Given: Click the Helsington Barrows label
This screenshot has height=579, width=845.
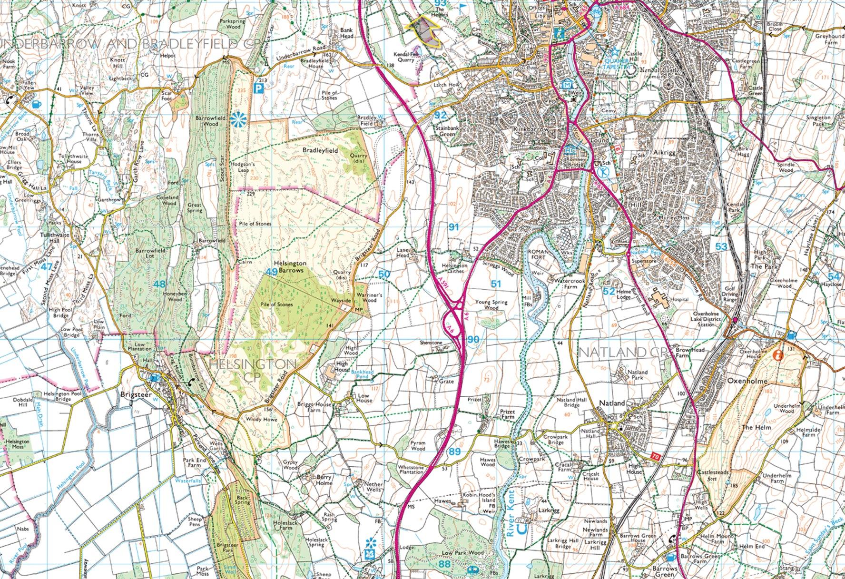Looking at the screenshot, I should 290,266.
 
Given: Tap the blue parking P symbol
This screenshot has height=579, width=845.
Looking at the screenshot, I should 259,88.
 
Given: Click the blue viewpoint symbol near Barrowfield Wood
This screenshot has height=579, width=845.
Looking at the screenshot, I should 236,119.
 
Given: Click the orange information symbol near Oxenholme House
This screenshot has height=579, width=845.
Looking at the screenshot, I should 778,355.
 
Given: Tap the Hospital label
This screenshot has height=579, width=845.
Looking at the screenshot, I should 679,300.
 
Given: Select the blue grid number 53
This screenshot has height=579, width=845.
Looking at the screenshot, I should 721,246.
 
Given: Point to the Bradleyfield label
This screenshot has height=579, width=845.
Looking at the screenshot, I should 320,150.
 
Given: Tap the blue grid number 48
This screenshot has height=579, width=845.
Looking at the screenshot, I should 159,284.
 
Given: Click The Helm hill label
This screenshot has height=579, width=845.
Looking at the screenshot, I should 753,428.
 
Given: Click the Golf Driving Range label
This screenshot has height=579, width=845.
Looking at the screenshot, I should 730,294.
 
